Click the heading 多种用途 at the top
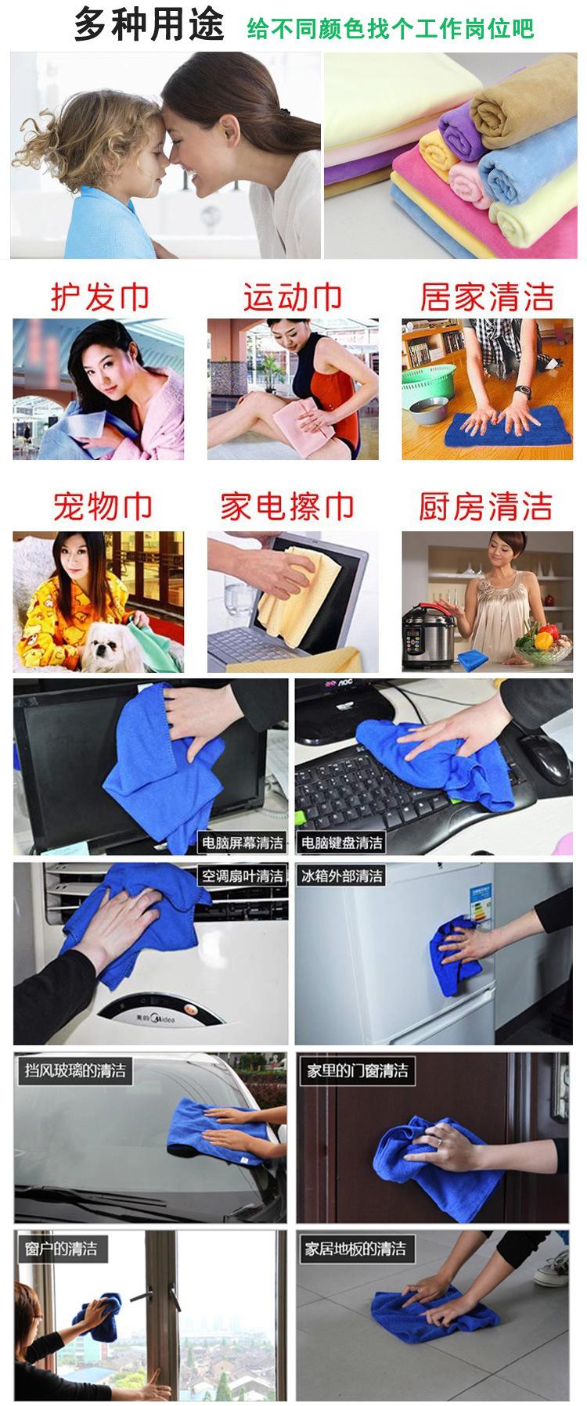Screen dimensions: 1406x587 [x=149, y=25]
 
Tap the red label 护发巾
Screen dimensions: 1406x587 [x=99, y=297]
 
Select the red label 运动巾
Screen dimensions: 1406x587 [x=292, y=297]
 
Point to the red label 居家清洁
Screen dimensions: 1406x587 [x=487, y=297]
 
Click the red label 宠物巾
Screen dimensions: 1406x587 [x=102, y=507]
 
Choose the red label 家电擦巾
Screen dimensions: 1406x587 [x=287, y=507]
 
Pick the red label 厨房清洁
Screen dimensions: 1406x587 [x=485, y=507]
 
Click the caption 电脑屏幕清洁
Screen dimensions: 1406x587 [x=242, y=843]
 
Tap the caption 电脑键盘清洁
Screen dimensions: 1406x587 [x=342, y=843]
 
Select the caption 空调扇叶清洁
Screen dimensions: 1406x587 [x=242, y=876]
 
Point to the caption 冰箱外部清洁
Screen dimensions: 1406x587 [x=342, y=876]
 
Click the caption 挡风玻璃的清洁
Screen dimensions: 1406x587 [x=75, y=1070]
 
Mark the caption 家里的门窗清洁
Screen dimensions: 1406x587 [x=357, y=1070]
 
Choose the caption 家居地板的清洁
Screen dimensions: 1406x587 [x=355, y=1249]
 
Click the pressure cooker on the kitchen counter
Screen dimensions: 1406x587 [x=423, y=638]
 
